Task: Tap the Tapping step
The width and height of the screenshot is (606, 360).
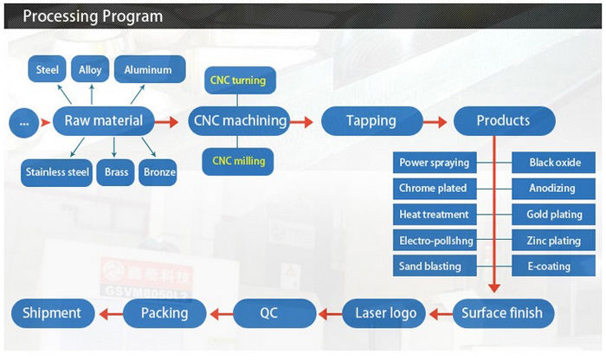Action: pos(372,121)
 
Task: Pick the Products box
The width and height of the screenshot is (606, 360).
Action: pos(503,121)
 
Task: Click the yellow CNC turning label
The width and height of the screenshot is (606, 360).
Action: pos(237,81)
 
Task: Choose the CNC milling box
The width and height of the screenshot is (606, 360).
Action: pos(237,161)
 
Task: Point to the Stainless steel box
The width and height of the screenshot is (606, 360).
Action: pos(57,172)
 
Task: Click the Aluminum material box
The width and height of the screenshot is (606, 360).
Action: pos(148,70)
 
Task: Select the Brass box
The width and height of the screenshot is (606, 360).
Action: pos(116,172)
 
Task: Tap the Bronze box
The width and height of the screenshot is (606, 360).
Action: pos(158,172)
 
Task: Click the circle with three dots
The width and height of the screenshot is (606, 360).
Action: pos(23,123)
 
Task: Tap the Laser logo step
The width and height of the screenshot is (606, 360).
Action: pos(385,312)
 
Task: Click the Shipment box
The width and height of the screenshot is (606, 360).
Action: pos(51,312)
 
